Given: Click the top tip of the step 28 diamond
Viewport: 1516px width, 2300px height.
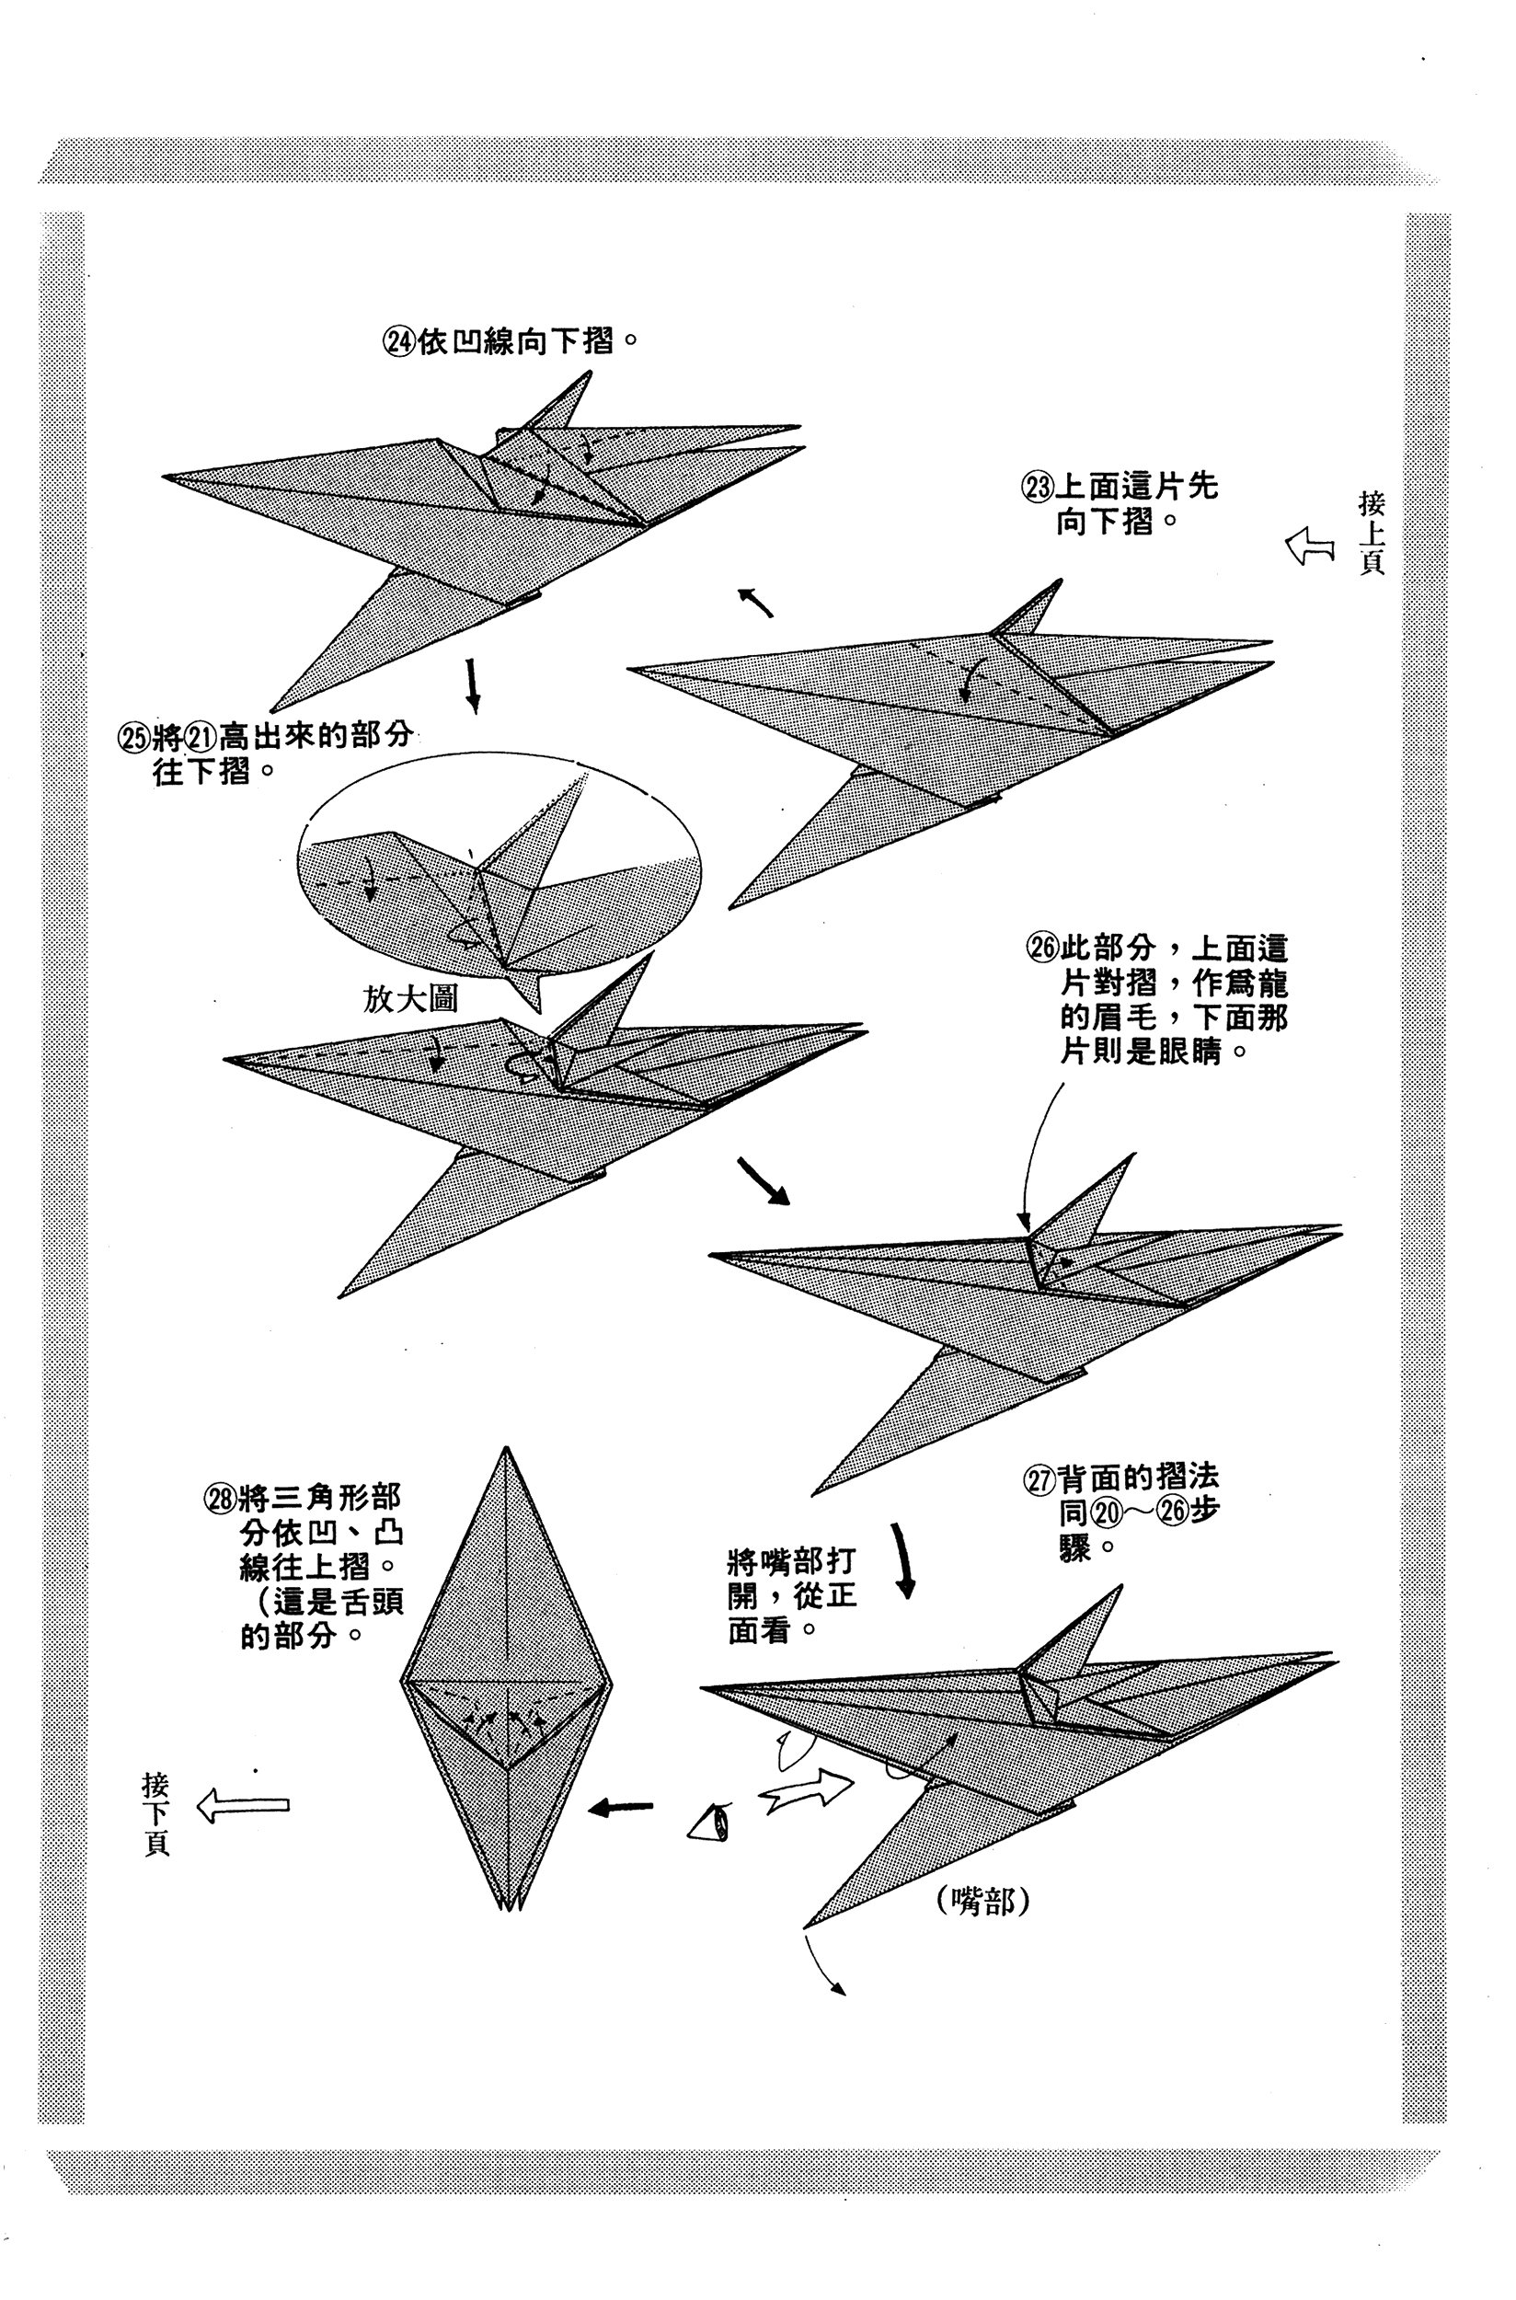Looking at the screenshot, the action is (506, 1447).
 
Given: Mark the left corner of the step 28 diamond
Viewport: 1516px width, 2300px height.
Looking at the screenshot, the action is (401, 1681).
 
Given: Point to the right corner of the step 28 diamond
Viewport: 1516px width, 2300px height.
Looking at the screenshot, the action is (611, 1681).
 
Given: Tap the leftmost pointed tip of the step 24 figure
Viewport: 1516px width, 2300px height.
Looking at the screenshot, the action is (165, 476).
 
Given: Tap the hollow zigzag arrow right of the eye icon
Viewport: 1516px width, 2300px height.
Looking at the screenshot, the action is (807, 1791).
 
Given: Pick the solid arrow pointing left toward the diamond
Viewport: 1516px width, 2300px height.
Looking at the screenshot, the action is (621, 1806).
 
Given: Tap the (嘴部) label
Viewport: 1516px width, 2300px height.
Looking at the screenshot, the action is (983, 1902).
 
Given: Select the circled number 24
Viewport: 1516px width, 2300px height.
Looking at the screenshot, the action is (399, 342).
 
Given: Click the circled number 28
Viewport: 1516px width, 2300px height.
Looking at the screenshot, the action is (220, 1500).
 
